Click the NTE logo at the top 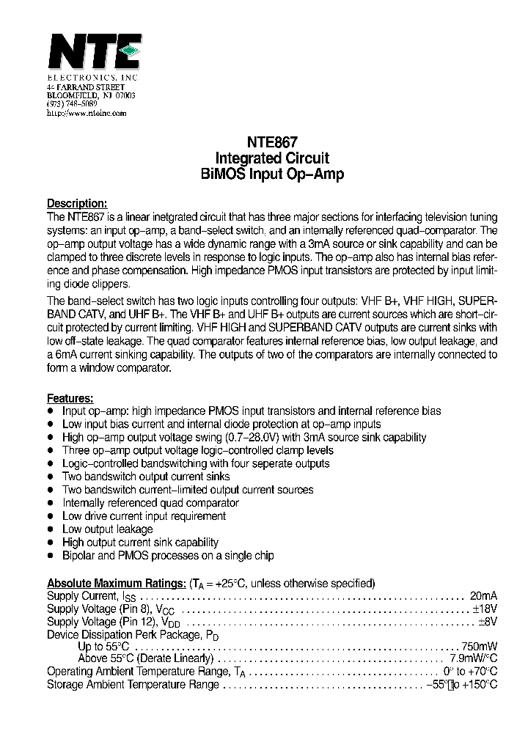click(93, 54)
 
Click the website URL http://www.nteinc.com click(87, 114)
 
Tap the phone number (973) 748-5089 click(72, 105)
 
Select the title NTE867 click(272, 144)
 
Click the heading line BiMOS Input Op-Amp click(272, 175)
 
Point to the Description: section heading click(77, 204)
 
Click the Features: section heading click(70, 398)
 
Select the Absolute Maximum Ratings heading click(116, 584)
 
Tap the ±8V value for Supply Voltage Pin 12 click(488, 622)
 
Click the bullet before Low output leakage click(51, 529)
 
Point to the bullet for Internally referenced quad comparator click(51, 503)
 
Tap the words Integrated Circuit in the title click(272, 159)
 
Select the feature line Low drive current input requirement click(144, 516)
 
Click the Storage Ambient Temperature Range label click(133, 684)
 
